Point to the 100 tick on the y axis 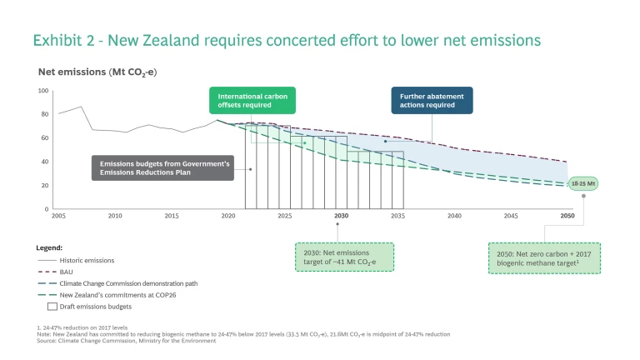click(x=44, y=90)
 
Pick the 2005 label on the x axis click(x=58, y=216)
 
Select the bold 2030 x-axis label click(x=341, y=216)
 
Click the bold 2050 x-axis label click(x=567, y=216)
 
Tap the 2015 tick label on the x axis click(x=171, y=216)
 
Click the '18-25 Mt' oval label click(x=582, y=183)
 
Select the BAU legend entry click(x=67, y=272)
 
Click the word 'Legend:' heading click(x=51, y=247)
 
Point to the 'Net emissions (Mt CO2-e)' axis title click(x=97, y=72)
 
